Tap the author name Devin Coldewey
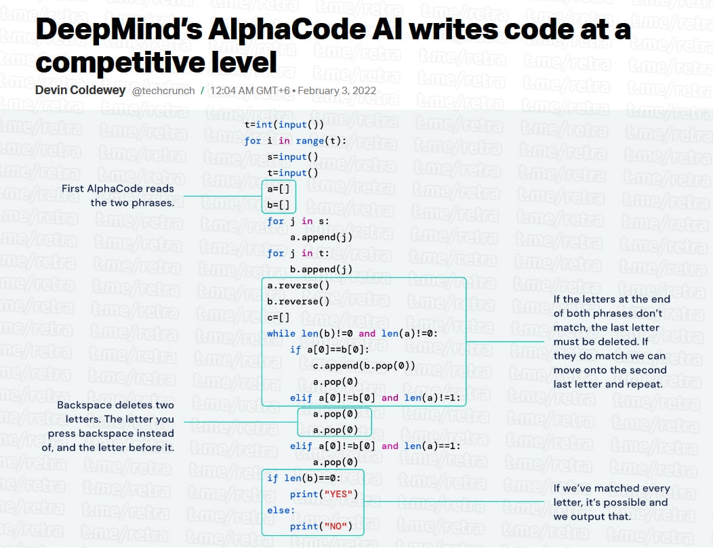[x=80, y=90]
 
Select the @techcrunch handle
[x=163, y=91]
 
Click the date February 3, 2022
[x=337, y=91]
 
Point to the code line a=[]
[x=279, y=189]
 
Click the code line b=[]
[x=279, y=205]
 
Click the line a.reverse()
[x=298, y=286]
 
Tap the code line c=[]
[x=279, y=318]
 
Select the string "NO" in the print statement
[x=335, y=526]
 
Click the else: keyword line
[x=281, y=510]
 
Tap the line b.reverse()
[x=298, y=301]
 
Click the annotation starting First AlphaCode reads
[x=118, y=196]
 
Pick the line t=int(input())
[x=284, y=125]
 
